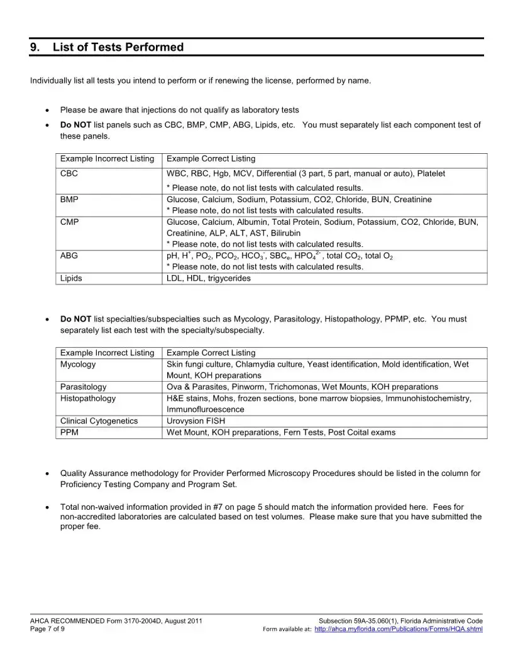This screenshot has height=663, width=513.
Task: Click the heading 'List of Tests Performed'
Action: tap(118, 47)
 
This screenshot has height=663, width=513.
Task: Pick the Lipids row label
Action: tap(71, 278)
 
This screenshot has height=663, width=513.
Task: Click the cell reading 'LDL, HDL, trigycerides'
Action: tap(208, 278)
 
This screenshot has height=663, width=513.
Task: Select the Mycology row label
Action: tap(78, 364)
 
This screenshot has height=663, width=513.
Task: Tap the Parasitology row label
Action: tap(84, 387)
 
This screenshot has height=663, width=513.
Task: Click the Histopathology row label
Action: tap(88, 398)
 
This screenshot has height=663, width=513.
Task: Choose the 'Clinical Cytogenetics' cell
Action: tap(99, 421)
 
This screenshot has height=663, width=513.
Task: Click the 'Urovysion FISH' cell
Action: tap(196, 421)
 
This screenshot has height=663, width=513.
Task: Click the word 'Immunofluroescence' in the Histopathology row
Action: tap(205, 409)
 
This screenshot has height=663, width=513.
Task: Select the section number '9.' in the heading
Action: tap(35, 47)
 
